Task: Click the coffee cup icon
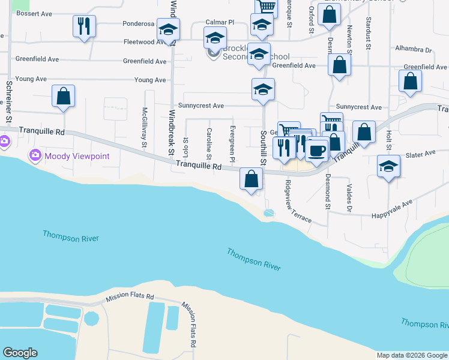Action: [316, 149]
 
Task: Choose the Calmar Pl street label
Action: [219, 22]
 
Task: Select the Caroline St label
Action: [209, 144]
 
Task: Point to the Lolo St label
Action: [186, 145]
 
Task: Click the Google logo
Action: [20, 353]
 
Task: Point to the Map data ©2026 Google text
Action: [411, 355]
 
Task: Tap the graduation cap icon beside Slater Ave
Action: [388, 166]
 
